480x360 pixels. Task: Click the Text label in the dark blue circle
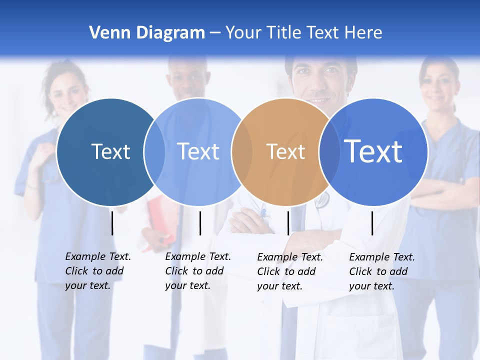point(110,151)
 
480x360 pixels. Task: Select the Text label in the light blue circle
point(198,151)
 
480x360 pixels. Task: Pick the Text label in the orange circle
point(285,151)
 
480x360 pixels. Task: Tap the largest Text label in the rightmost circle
point(373,151)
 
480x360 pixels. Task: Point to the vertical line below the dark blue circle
point(112,223)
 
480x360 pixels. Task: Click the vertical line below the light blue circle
point(200,223)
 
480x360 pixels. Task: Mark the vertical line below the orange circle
point(288,223)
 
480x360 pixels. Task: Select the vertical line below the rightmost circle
point(372,223)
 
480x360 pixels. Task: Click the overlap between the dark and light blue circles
point(154,151)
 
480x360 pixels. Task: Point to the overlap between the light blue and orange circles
point(242,151)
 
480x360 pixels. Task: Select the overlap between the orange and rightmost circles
point(329,151)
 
